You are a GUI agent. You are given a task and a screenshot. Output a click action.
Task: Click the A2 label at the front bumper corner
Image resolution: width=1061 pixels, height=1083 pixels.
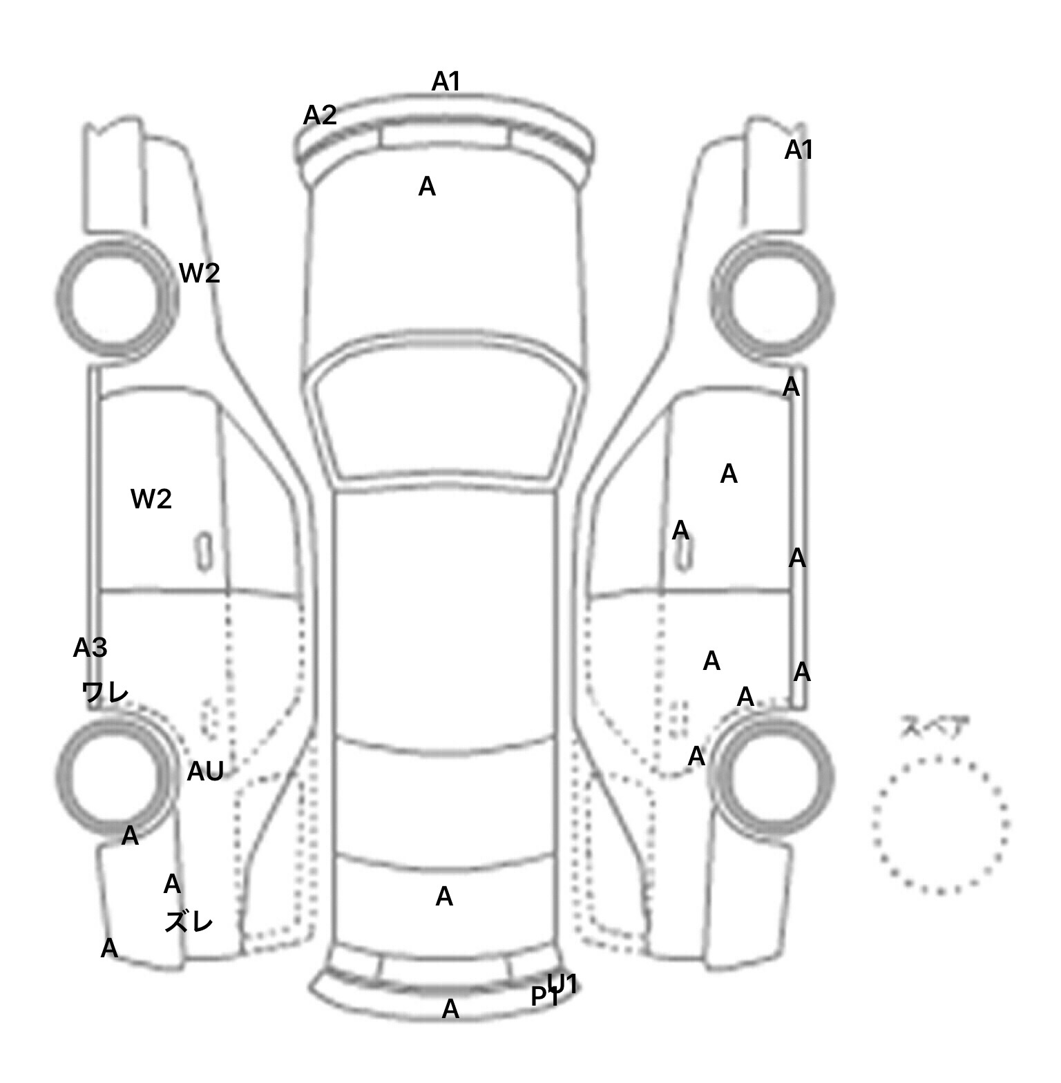coord(320,115)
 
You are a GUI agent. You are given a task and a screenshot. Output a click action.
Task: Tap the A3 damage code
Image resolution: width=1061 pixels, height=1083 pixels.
coord(90,648)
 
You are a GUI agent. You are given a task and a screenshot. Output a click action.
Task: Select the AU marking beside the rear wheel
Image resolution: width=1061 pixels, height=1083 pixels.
coord(205,771)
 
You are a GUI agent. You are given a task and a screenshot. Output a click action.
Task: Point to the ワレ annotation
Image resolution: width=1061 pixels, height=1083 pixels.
coord(105,691)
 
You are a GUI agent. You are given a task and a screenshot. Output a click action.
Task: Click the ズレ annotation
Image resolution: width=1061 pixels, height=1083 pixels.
coord(189,921)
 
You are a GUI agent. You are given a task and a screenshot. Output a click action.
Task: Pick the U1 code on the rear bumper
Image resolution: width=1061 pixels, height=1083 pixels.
coord(562,984)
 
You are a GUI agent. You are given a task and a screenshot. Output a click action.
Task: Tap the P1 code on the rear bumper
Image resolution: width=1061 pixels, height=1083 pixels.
coord(544,997)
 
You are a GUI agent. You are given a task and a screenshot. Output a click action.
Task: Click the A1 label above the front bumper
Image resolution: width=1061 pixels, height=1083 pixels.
coord(446,82)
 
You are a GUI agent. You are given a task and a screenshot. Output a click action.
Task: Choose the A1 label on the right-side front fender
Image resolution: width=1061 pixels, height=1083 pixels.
coord(799,150)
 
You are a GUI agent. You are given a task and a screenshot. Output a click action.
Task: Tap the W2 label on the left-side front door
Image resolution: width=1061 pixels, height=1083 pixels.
coord(151,499)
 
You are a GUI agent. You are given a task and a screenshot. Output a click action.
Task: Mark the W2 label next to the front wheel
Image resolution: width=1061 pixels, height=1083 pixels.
coord(200,274)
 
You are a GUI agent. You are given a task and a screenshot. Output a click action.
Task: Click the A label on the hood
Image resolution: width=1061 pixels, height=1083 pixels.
coord(427,186)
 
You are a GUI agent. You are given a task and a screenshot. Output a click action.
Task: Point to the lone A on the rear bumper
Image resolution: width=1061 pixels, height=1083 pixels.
coord(450,1009)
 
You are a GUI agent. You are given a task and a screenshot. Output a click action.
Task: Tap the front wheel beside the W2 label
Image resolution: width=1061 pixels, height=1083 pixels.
coord(115,298)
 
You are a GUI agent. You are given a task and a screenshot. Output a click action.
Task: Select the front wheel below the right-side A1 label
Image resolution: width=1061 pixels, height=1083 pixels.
coord(772,299)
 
